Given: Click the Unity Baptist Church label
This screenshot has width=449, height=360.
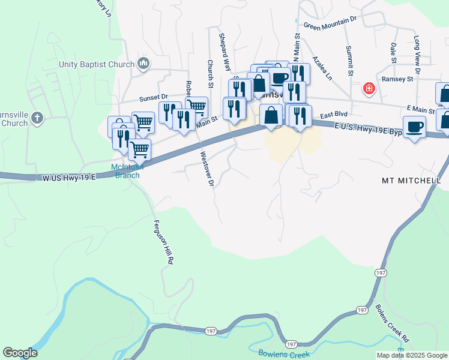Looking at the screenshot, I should point(96,64).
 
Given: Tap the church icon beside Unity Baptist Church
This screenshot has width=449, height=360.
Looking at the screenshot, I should point(143,64).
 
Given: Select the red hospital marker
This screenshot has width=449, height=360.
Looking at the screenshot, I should point(369,89).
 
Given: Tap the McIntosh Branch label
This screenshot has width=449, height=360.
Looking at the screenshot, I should point(125,171).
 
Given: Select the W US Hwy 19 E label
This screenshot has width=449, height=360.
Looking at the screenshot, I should point(69,178).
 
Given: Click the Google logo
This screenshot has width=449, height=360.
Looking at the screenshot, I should point(20,353).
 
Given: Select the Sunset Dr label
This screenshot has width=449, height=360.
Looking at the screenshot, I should point(154,97).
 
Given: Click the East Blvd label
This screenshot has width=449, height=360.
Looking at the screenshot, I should point(334,115).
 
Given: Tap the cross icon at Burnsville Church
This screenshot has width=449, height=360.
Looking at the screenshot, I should point(37,118).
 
